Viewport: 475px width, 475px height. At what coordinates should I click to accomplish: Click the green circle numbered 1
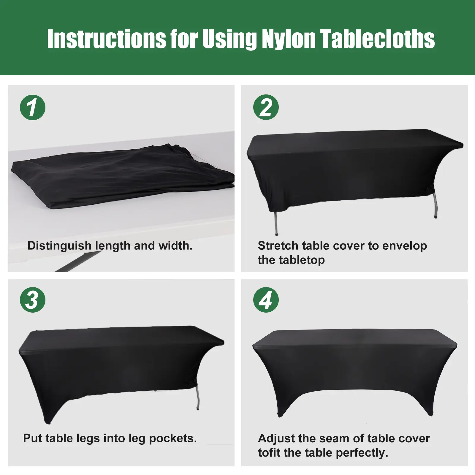(x=33, y=107)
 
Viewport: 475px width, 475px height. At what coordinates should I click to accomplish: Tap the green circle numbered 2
(x=266, y=107)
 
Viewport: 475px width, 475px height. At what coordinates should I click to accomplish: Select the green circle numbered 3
(x=33, y=300)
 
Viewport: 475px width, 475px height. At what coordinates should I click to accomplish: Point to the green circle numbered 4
(x=266, y=300)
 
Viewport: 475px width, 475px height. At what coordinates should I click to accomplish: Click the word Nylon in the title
(x=289, y=39)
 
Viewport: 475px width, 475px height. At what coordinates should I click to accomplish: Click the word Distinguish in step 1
(x=59, y=246)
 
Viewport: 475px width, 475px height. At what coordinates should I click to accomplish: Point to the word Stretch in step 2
(x=278, y=246)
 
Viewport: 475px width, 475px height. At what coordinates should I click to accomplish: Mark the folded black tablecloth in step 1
(x=122, y=176)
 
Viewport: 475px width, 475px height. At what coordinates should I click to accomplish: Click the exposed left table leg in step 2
(x=276, y=223)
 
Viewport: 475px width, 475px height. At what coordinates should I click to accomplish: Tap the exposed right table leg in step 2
(x=435, y=205)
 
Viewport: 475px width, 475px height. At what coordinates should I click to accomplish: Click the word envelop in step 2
(x=405, y=246)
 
